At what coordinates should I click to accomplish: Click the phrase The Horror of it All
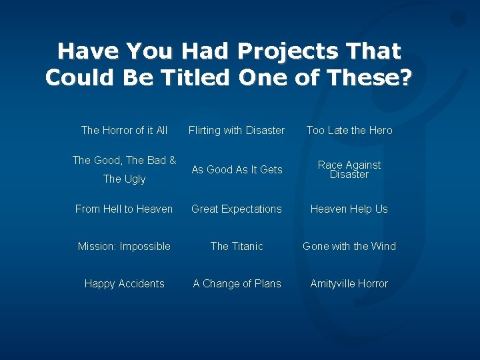[x=124, y=130]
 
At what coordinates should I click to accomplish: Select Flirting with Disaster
[x=237, y=130]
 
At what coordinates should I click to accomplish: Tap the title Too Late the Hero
[x=349, y=130]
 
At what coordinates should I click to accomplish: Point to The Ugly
[x=124, y=179]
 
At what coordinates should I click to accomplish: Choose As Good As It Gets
[x=237, y=169]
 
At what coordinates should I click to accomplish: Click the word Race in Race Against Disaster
[x=329, y=165]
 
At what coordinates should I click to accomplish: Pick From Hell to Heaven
[x=124, y=209]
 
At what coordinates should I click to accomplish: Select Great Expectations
[x=237, y=209]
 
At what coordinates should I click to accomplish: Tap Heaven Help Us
[x=349, y=209]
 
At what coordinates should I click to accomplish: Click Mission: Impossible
[x=124, y=246]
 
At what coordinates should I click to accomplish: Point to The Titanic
[x=237, y=246]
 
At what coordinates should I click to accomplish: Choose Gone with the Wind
[x=349, y=246]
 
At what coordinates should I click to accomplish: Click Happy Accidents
[x=124, y=283]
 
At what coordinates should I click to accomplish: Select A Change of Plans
[x=237, y=283]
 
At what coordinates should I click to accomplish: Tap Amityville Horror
[x=349, y=283]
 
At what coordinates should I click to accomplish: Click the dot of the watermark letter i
[x=458, y=19]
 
